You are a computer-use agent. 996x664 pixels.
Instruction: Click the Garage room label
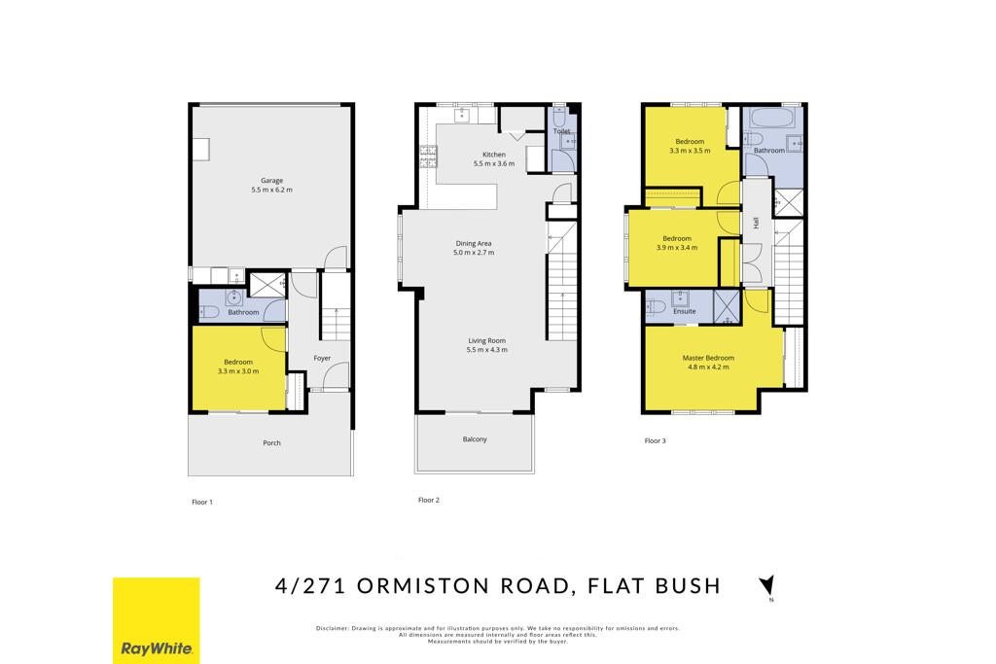click(x=271, y=180)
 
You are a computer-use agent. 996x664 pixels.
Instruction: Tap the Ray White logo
click(x=157, y=620)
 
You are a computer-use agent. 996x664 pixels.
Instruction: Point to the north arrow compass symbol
click(x=768, y=585)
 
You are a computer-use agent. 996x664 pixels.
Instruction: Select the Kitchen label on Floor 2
click(x=493, y=155)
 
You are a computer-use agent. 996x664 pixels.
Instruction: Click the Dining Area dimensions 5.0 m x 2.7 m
click(x=474, y=252)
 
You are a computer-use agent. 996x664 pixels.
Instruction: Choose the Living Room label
click(x=486, y=340)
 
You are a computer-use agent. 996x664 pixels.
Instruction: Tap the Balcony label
click(x=475, y=439)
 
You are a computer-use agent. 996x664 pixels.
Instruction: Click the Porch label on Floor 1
click(x=271, y=443)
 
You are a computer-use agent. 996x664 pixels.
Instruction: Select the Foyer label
click(x=322, y=358)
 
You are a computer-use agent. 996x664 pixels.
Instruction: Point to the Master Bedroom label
click(x=708, y=358)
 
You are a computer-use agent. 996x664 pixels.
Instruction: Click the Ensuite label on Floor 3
click(x=684, y=311)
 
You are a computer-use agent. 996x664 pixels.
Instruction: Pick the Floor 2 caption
click(x=429, y=501)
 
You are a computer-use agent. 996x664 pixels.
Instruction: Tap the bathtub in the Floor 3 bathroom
click(x=768, y=118)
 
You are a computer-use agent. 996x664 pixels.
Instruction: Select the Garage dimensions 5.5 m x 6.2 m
click(x=271, y=190)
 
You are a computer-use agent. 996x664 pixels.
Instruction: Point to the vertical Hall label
click(x=756, y=223)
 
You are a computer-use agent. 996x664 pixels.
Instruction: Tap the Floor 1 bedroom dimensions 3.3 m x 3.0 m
click(x=238, y=371)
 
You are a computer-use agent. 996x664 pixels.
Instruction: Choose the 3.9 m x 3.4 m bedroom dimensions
click(x=677, y=248)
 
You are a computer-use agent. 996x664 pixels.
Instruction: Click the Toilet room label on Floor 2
click(x=561, y=131)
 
